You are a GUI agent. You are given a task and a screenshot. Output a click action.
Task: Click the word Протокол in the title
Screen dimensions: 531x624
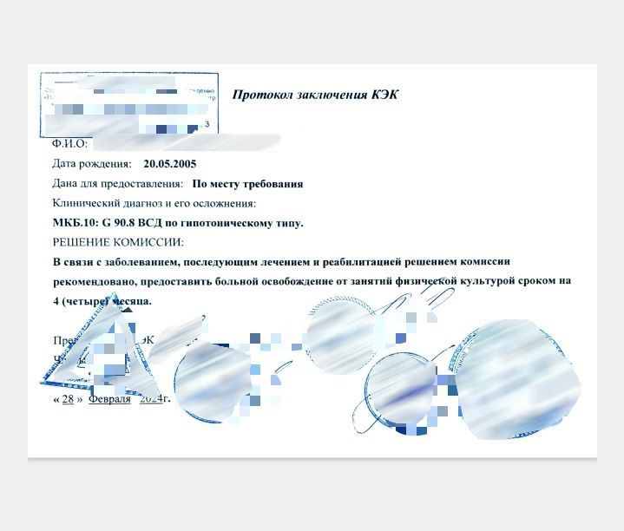(x=261, y=95)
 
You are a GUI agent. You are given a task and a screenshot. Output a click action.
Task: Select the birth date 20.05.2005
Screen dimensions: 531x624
(x=170, y=163)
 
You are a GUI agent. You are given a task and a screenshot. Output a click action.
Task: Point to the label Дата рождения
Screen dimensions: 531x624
(x=92, y=163)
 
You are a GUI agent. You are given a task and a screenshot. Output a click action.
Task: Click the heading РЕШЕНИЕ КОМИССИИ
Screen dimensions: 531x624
(x=118, y=242)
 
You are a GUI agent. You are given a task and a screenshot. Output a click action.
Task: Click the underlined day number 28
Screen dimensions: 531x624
(x=68, y=399)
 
